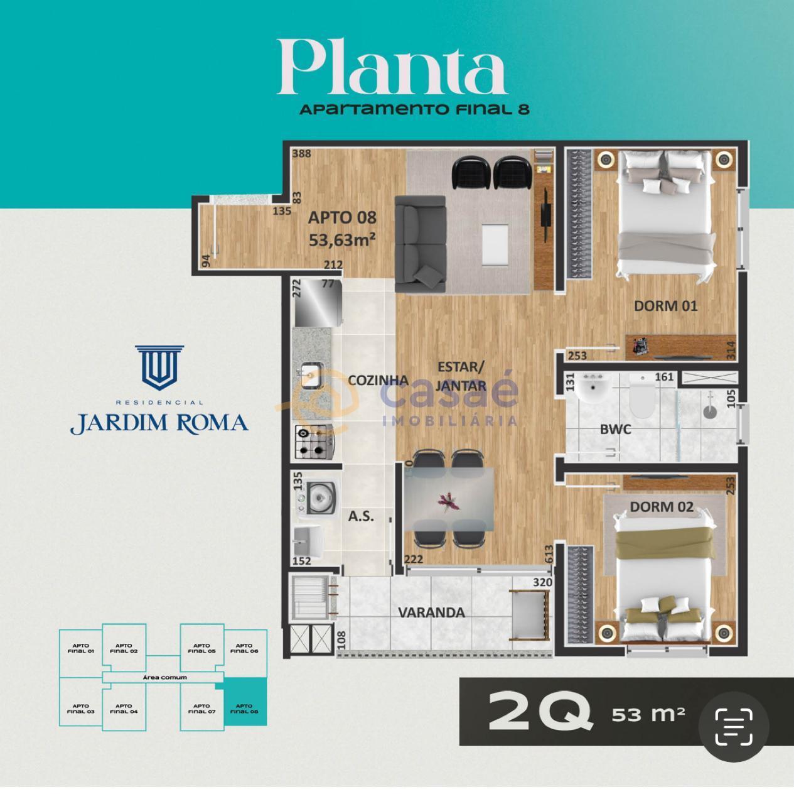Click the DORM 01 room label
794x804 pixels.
point(665,306)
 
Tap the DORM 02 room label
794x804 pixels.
point(662,506)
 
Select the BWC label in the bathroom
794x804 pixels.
point(615,430)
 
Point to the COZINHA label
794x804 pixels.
point(378,380)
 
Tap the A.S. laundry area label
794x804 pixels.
point(361,516)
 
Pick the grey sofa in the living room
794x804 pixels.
point(419,244)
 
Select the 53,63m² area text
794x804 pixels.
point(342,239)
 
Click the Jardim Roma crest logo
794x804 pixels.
point(159,367)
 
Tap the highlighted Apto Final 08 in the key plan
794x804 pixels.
point(245,709)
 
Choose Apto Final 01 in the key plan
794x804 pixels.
point(80,648)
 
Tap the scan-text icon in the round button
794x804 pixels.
point(733,726)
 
